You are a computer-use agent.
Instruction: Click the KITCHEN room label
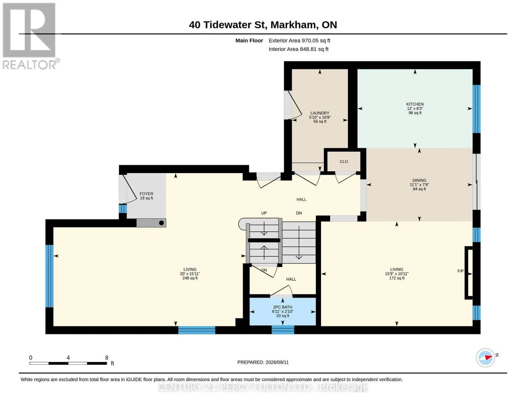point(415,104)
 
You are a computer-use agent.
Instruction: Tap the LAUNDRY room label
point(319,113)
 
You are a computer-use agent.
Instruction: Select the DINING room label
point(419,180)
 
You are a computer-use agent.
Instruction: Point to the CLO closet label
point(343,161)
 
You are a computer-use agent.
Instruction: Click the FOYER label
point(146,194)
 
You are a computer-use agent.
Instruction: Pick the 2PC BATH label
point(282,307)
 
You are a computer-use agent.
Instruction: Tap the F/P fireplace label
point(460,271)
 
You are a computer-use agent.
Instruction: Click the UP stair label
point(264,213)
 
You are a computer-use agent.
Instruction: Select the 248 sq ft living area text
point(190,278)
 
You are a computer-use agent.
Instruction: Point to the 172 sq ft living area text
point(397,278)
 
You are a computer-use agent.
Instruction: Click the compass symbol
point(485,358)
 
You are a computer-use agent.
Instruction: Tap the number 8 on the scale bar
point(106,358)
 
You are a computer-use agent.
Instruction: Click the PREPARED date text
point(263,362)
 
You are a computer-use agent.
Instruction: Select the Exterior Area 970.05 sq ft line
point(299,41)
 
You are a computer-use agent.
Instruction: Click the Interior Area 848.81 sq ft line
point(298,49)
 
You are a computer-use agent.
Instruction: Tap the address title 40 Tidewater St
point(227,25)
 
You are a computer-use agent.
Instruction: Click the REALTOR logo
point(30,36)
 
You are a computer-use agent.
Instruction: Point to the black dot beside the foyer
point(162,223)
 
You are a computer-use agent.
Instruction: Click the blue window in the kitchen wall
point(476,109)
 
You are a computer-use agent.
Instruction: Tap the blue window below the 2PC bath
point(283,330)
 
